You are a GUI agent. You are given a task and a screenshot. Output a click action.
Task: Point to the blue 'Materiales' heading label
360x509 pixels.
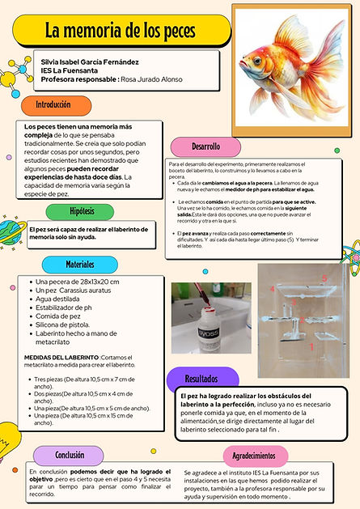coord(79,263)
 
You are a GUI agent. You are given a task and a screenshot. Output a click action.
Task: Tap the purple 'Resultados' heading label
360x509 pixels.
coord(201,378)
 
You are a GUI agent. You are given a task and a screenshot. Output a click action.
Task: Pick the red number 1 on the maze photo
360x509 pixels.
coord(312,345)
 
